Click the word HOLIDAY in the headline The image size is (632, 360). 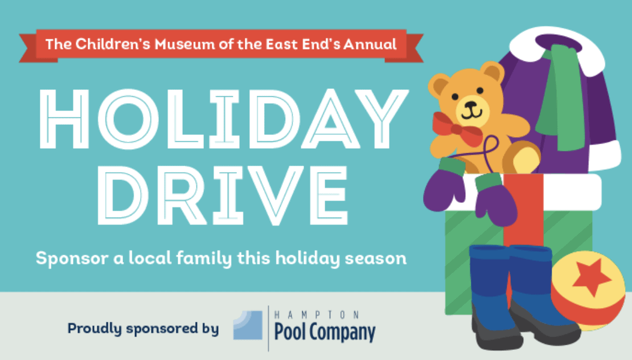point(224,118)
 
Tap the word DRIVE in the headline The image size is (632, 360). point(223,195)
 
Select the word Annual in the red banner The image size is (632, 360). point(370,44)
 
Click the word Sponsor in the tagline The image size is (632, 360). point(72,259)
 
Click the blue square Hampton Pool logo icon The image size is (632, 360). point(248,325)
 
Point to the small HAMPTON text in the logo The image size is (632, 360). point(317,314)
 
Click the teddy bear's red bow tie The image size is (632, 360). point(458,129)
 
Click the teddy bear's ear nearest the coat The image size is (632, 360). point(493,72)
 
